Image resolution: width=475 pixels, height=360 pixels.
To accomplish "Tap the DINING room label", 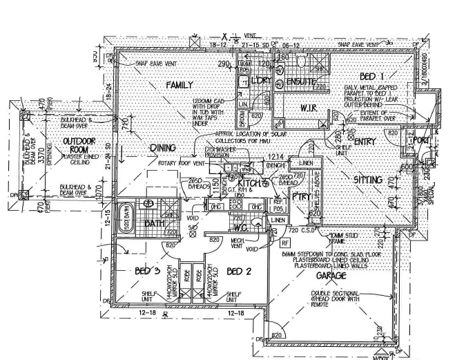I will [163, 148].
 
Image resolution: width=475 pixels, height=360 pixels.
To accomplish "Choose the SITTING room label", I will [368, 180].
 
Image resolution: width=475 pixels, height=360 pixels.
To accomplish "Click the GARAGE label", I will [331, 275].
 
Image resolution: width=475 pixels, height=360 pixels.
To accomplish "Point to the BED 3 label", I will [147, 270].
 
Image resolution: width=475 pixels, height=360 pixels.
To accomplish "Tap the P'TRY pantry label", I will [302, 196].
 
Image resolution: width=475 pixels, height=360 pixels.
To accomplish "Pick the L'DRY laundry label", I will [260, 82].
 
